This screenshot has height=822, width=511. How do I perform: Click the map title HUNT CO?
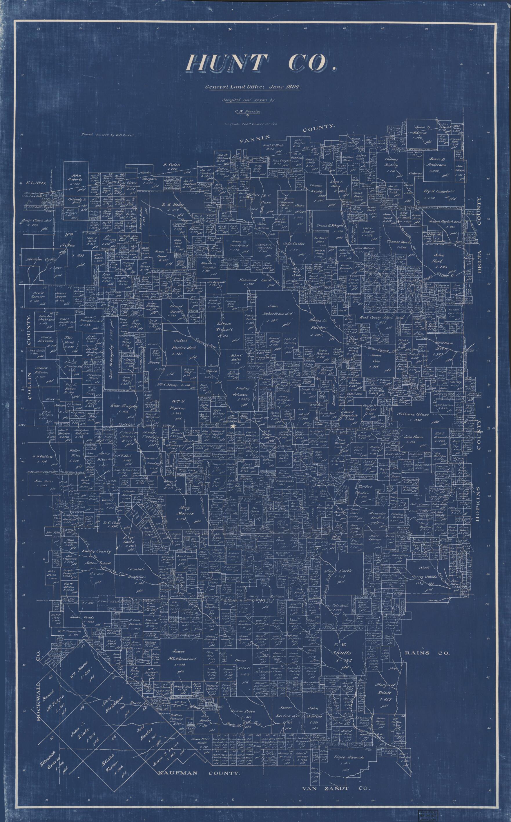tap(261, 63)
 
